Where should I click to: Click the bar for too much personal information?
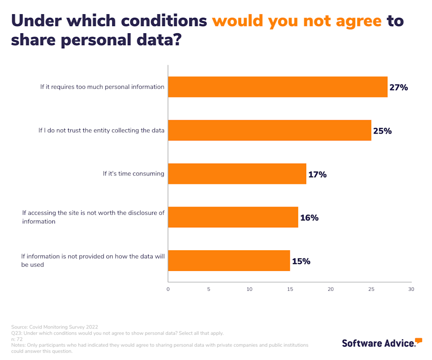tap(277, 87)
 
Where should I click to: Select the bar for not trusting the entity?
tap(269, 131)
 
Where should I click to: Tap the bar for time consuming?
tap(237, 174)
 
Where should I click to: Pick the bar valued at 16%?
tap(233, 217)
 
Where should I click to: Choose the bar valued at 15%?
tap(229, 261)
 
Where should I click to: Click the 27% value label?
tap(398, 87)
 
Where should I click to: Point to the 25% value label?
tap(382, 131)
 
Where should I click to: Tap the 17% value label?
tap(317, 175)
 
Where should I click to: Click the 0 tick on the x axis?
tap(168, 289)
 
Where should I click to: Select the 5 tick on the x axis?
tap(209, 289)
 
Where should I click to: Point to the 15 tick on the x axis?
tap(290, 289)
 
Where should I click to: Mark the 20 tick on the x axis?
tap(331, 289)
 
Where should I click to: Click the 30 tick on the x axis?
tap(411, 289)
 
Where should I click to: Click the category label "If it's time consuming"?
tap(133, 174)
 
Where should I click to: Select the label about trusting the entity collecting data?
tap(102, 130)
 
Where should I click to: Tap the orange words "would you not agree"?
tap(297, 20)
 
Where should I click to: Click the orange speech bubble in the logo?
tap(418, 341)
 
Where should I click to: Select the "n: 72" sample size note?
tap(17, 339)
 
